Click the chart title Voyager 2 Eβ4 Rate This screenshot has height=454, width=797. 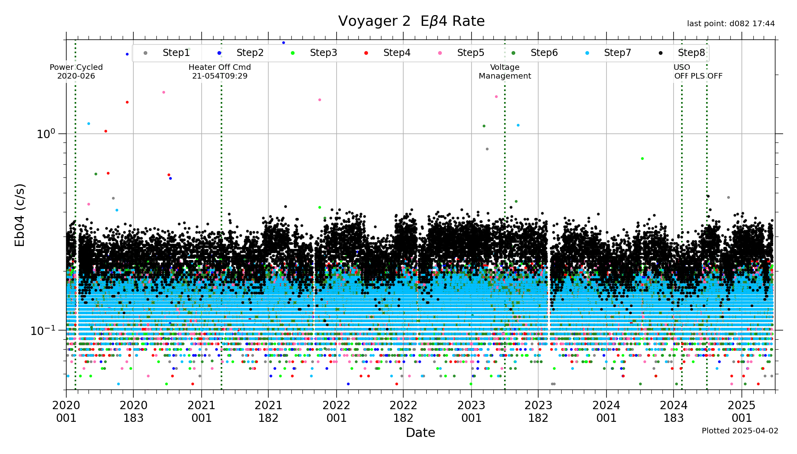click(x=411, y=21)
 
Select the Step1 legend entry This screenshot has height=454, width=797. click(x=176, y=53)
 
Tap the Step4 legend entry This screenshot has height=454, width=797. click(x=397, y=53)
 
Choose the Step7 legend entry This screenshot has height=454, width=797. click(x=617, y=53)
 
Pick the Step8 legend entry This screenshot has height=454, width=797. click(x=691, y=53)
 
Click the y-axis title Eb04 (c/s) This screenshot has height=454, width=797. click(x=20, y=215)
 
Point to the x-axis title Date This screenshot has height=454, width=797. click(x=420, y=433)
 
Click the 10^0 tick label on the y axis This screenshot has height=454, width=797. click(x=46, y=134)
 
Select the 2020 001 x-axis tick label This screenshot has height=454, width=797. click(x=66, y=412)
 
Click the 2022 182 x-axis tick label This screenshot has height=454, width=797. click(x=403, y=412)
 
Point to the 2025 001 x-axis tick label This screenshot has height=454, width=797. click(x=742, y=412)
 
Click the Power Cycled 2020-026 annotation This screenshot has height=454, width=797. click(x=76, y=71)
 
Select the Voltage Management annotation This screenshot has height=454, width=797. click(x=504, y=71)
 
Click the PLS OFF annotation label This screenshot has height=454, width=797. click(x=707, y=76)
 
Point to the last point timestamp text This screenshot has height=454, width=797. click(x=731, y=24)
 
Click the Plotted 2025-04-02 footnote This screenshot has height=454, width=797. click(x=740, y=431)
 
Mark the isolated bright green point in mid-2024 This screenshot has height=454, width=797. click(x=642, y=159)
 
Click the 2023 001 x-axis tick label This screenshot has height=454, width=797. click(x=472, y=412)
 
